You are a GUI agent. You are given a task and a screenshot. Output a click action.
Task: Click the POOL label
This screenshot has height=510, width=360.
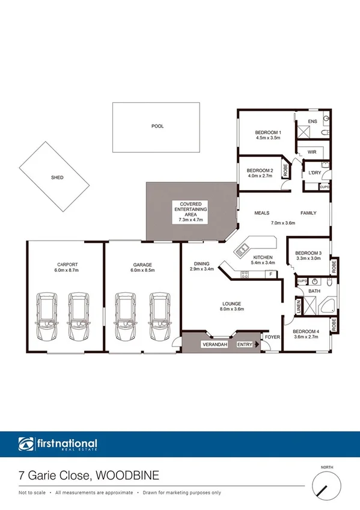click(157, 126)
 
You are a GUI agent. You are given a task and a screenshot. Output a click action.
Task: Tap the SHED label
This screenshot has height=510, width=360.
click(57, 177)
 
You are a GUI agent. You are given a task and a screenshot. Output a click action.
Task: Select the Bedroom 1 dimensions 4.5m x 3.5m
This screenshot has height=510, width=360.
click(268, 138)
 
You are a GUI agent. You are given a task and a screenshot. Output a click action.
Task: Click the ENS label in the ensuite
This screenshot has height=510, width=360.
click(312, 122)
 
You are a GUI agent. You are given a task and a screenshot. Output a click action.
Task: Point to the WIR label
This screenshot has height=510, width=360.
click(311, 152)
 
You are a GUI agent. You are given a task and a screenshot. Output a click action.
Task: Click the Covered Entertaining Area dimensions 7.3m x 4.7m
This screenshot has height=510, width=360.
click(191, 220)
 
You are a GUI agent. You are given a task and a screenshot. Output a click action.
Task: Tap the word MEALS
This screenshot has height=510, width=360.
click(261, 213)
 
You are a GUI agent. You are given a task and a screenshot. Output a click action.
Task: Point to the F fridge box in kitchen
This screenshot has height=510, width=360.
click(271, 274)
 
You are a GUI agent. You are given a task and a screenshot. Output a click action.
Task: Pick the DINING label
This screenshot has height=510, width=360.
click(201, 263)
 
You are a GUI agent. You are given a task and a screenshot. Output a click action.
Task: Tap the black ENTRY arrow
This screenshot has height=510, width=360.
click(257, 345)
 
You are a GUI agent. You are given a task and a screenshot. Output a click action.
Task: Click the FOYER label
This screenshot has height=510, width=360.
click(272, 337)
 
